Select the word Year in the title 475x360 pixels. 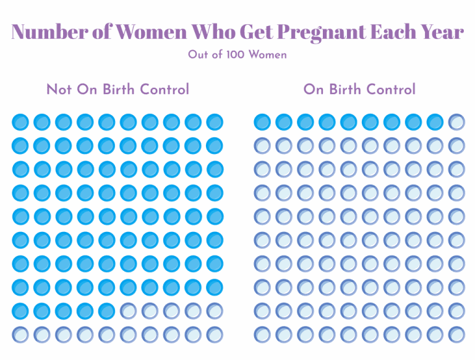pos(440,32)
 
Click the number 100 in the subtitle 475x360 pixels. pos(234,55)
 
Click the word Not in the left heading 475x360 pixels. pos(59,90)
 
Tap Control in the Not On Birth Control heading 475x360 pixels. pos(165,90)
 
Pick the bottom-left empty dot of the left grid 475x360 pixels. pos(20,335)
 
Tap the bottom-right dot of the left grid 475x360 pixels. pos(215,335)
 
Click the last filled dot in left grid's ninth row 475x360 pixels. pos(107,311)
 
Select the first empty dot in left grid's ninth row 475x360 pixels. pos(129,311)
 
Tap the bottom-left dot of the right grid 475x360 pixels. pos(262,335)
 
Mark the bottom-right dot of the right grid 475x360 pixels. pos(456,335)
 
